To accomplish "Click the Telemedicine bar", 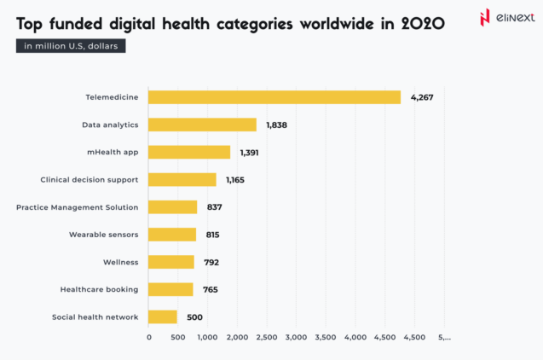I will click(x=274, y=97).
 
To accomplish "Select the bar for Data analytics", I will click(x=202, y=125).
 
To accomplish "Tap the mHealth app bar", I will click(x=189, y=152).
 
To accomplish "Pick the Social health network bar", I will click(x=163, y=316).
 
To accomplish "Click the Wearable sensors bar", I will click(x=172, y=235).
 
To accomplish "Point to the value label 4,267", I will click(x=422, y=97).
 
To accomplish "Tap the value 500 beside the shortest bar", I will click(x=194, y=317).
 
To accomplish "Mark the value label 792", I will click(x=211, y=262).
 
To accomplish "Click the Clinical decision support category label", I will click(x=89, y=180).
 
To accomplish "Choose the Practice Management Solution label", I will click(x=77, y=207).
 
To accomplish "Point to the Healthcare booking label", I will click(x=99, y=289).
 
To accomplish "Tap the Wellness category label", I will click(x=120, y=262).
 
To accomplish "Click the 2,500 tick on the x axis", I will click(x=267, y=338).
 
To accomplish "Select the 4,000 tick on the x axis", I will click(x=355, y=338).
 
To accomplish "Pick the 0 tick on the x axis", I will click(x=149, y=338).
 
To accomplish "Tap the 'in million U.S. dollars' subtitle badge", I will click(x=72, y=46).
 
